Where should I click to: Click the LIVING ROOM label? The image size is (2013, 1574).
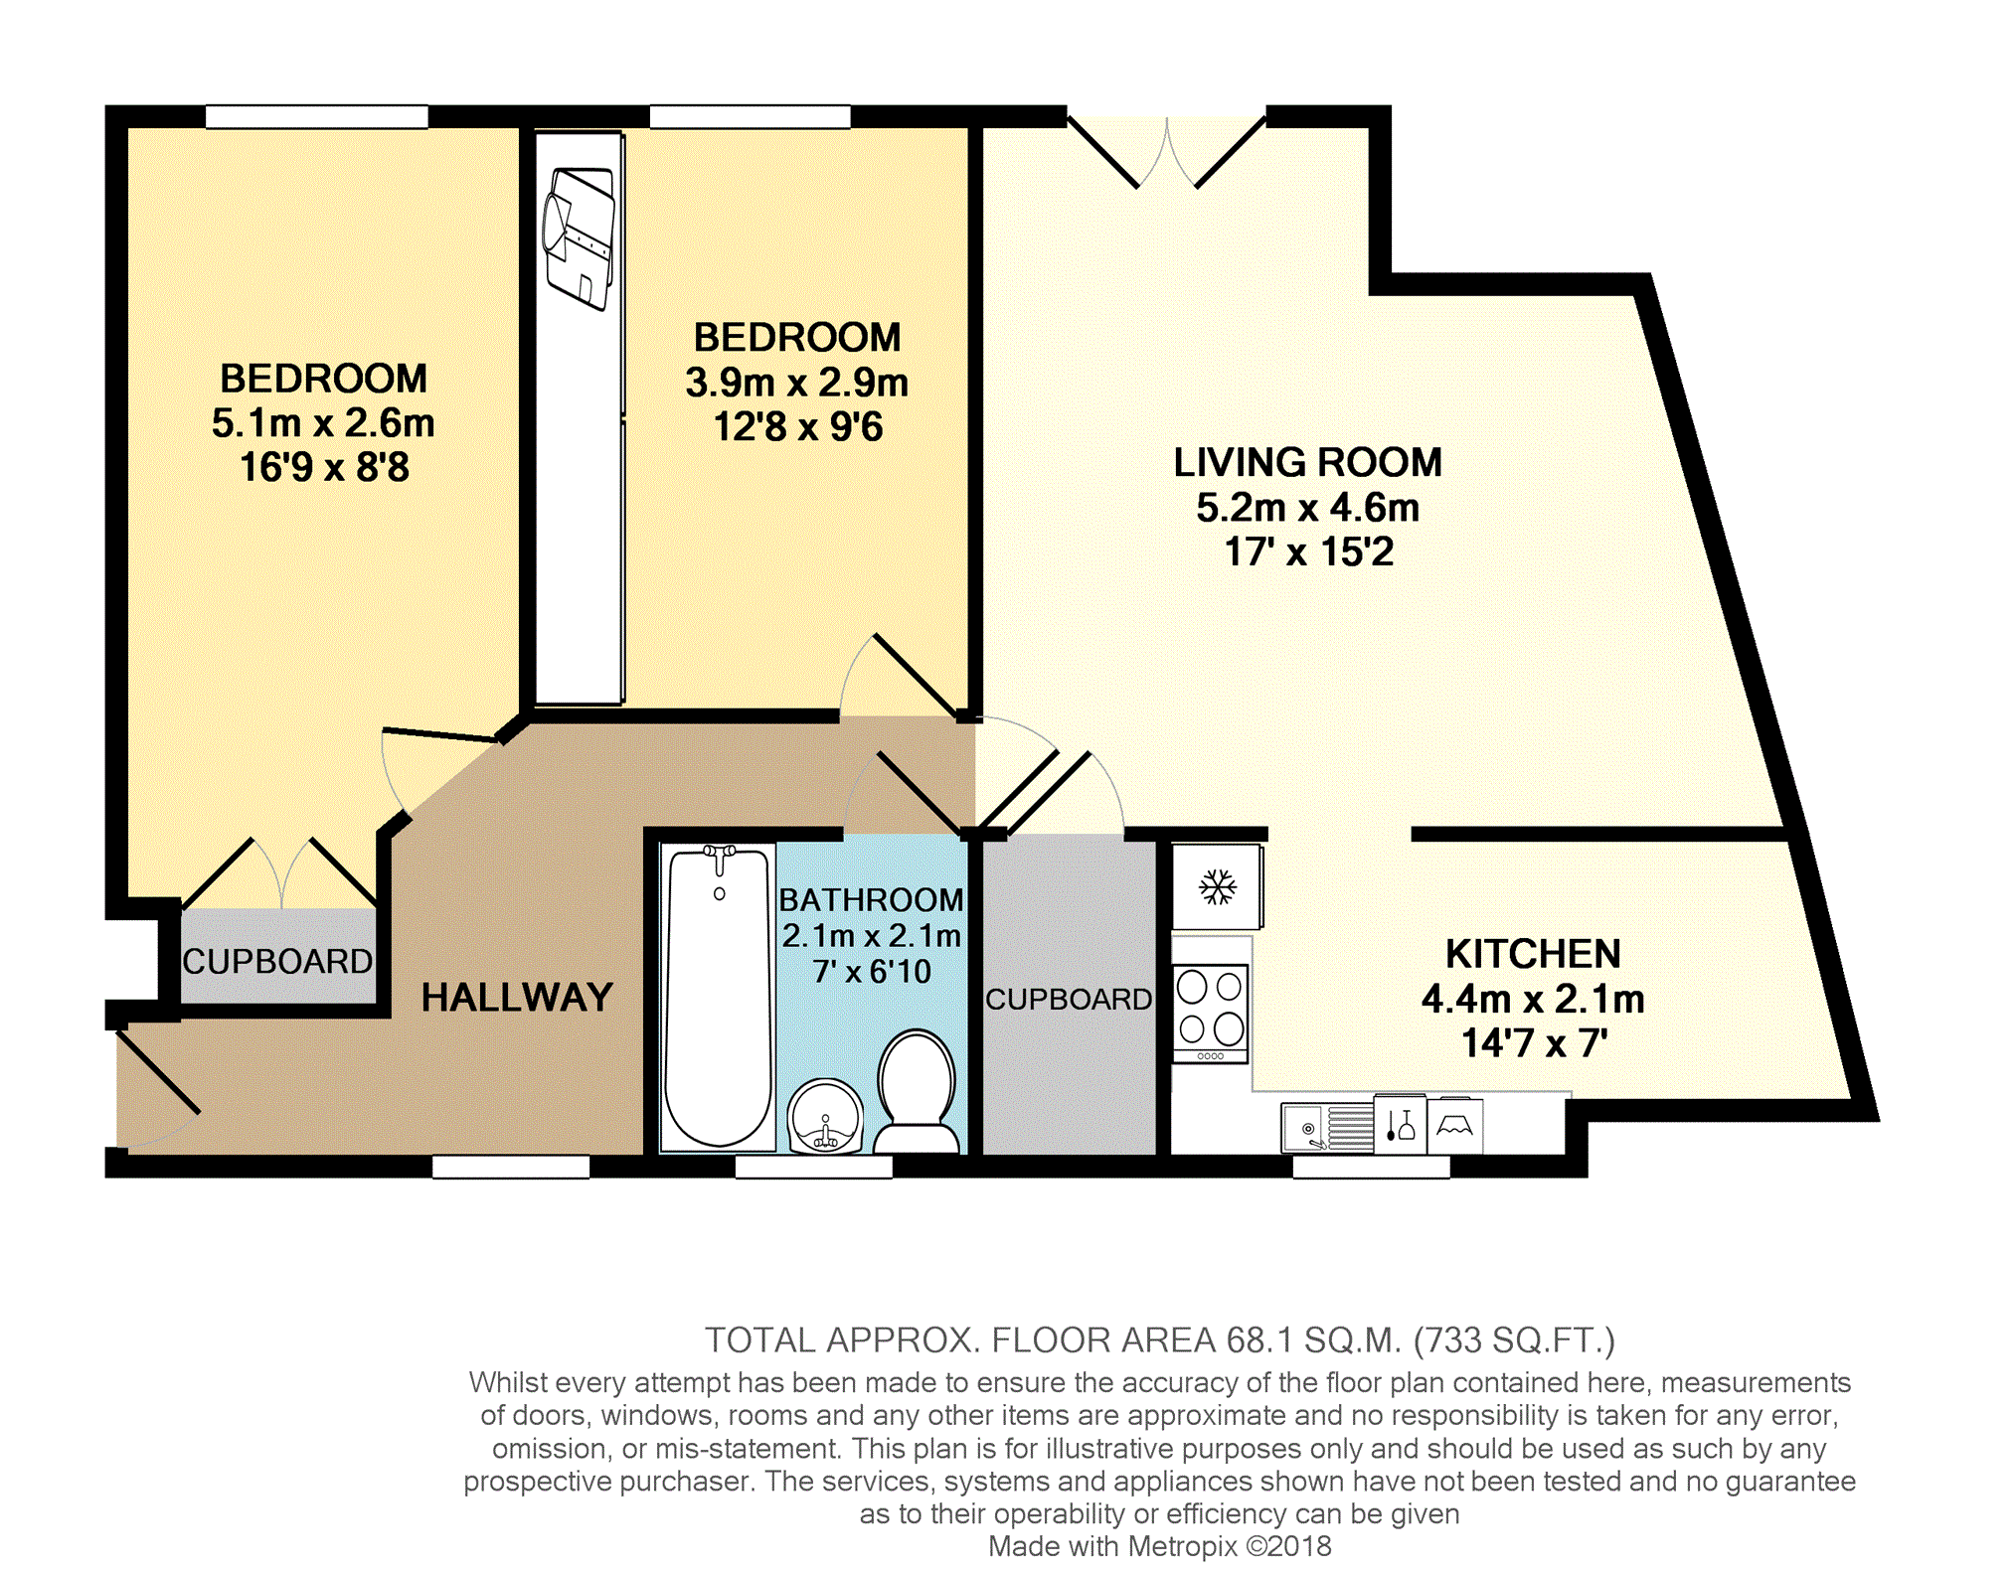[1306, 462]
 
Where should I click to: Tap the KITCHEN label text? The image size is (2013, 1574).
[1532, 954]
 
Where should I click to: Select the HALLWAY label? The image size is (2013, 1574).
[517, 997]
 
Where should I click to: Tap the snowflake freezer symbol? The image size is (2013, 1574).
[1217, 887]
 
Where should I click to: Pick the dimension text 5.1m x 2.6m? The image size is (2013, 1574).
[323, 423]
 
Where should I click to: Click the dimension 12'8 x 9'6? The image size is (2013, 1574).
[797, 427]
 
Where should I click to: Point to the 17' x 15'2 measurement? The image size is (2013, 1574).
[1307, 551]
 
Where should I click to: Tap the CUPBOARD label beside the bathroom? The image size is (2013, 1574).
[1069, 999]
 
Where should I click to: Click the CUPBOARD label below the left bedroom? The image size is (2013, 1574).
[277, 961]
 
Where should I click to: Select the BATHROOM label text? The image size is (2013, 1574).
[871, 899]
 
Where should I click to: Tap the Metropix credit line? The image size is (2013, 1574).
[1159, 1546]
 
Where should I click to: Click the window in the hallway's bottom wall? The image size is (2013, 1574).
[511, 1167]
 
